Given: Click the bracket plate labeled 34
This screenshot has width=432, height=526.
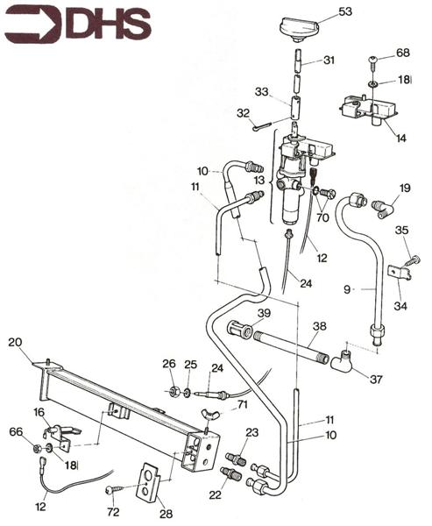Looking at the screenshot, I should pyautogui.click(x=400, y=274).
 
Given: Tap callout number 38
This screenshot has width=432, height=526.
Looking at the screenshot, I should pyautogui.click(x=320, y=325).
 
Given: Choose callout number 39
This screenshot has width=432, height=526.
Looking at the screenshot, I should pyautogui.click(x=263, y=313).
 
